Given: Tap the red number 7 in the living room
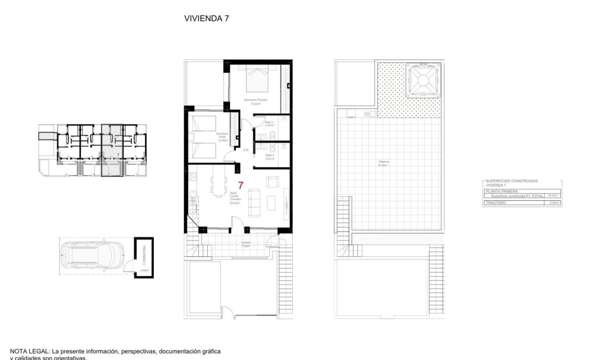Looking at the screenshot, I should [x=241, y=186].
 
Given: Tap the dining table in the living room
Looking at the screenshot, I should [x=218, y=185].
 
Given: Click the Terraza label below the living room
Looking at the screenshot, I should [x=246, y=244].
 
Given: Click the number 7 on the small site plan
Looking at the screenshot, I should [x=118, y=155].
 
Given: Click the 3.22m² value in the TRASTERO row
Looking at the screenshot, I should [x=553, y=203].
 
